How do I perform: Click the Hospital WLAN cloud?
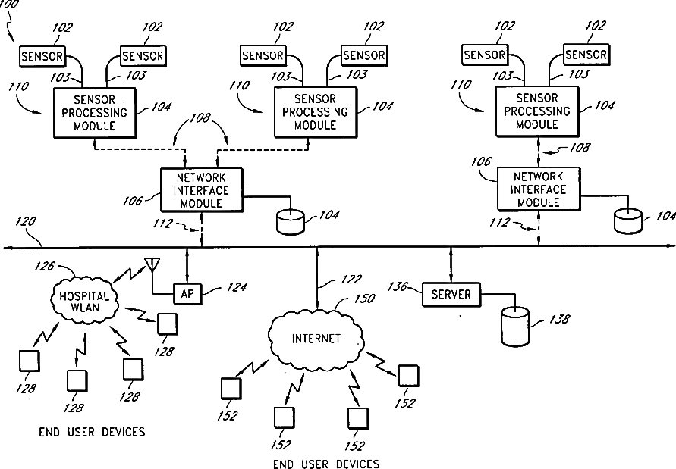point(84,302)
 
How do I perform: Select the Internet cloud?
point(316,338)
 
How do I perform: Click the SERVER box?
point(451,294)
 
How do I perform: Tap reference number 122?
point(331,282)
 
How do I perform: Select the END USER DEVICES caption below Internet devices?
point(326,464)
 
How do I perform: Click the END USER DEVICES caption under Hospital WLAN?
point(92,432)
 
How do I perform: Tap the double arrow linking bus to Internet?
point(316,277)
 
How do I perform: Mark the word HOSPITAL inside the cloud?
point(84,296)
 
